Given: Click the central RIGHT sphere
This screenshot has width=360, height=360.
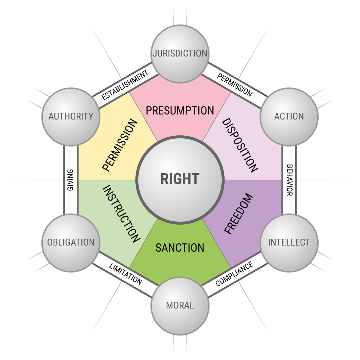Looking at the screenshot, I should [180, 179].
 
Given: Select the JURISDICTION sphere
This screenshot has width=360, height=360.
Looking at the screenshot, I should [180, 54].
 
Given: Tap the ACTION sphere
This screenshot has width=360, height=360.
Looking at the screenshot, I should [289, 116].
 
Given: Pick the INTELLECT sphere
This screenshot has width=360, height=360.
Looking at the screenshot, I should [289, 242].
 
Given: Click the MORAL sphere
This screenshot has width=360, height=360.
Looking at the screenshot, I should [180, 306].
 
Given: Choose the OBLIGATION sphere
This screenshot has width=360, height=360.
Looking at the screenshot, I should [71, 242].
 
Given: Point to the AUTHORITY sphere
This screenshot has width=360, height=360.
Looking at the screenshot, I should [71, 116].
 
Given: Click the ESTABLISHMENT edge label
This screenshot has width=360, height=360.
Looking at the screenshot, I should [125, 85].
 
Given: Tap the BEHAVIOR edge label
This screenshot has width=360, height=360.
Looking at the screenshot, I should [289, 180].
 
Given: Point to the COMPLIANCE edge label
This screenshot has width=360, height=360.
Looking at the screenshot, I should [234, 274].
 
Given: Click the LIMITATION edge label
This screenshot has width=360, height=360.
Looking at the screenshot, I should [125, 274].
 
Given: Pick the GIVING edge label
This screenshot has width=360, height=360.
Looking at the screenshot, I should [71, 180].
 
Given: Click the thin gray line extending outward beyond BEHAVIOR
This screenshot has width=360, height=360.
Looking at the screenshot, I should [328, 180].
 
